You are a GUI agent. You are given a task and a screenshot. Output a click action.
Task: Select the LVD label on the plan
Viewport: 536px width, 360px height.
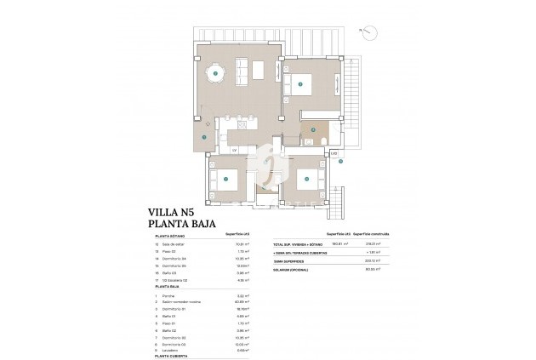click(334, 153)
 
